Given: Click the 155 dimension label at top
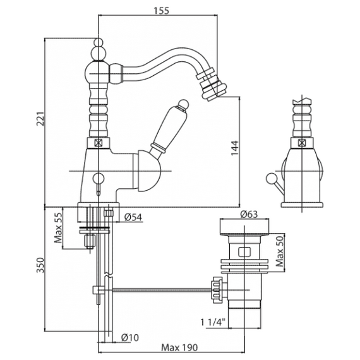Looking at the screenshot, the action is (x=161, y=11).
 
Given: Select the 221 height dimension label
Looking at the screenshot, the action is (x=40, y=119).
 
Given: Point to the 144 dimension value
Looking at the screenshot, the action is (x=235, y=148).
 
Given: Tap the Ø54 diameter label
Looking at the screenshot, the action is (x=133, y=217).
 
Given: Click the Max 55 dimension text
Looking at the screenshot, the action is (x=58, y=228).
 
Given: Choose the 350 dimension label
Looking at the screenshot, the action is (x=40, y=265).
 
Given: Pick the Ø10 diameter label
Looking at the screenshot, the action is (x=130, y=337).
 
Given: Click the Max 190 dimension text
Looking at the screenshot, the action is (x=179, y=348).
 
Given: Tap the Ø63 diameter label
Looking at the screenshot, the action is (x=249, y=214).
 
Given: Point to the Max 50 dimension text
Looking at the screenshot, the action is (x=280, y=251).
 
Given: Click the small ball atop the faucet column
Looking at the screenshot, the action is (x=99, y=42).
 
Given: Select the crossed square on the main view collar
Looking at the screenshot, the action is (x=99, y=143).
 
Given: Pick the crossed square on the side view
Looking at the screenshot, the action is (x=301, y=143).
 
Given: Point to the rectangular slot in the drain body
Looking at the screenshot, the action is (x=245, y=251).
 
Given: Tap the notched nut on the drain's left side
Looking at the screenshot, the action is (x=217, y=290).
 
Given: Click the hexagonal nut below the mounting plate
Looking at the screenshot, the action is (x=90, y=241).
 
